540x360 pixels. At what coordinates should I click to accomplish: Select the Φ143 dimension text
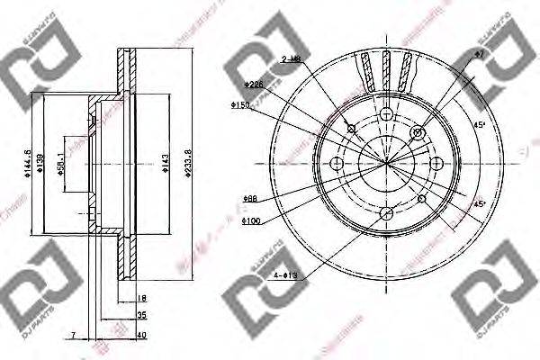coord(163,164)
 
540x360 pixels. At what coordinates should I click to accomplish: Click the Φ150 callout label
coord(239,106)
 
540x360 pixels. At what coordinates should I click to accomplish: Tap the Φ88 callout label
coord(250,198)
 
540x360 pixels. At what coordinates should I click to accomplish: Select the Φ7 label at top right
coord(480,56)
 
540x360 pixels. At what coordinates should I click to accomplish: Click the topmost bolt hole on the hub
coord(386,114)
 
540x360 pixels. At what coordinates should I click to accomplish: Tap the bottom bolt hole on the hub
coord(386,212)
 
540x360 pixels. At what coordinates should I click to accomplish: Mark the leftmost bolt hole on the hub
coord(337,163)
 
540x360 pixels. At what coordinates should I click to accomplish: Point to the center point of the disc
coord(386,163)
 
